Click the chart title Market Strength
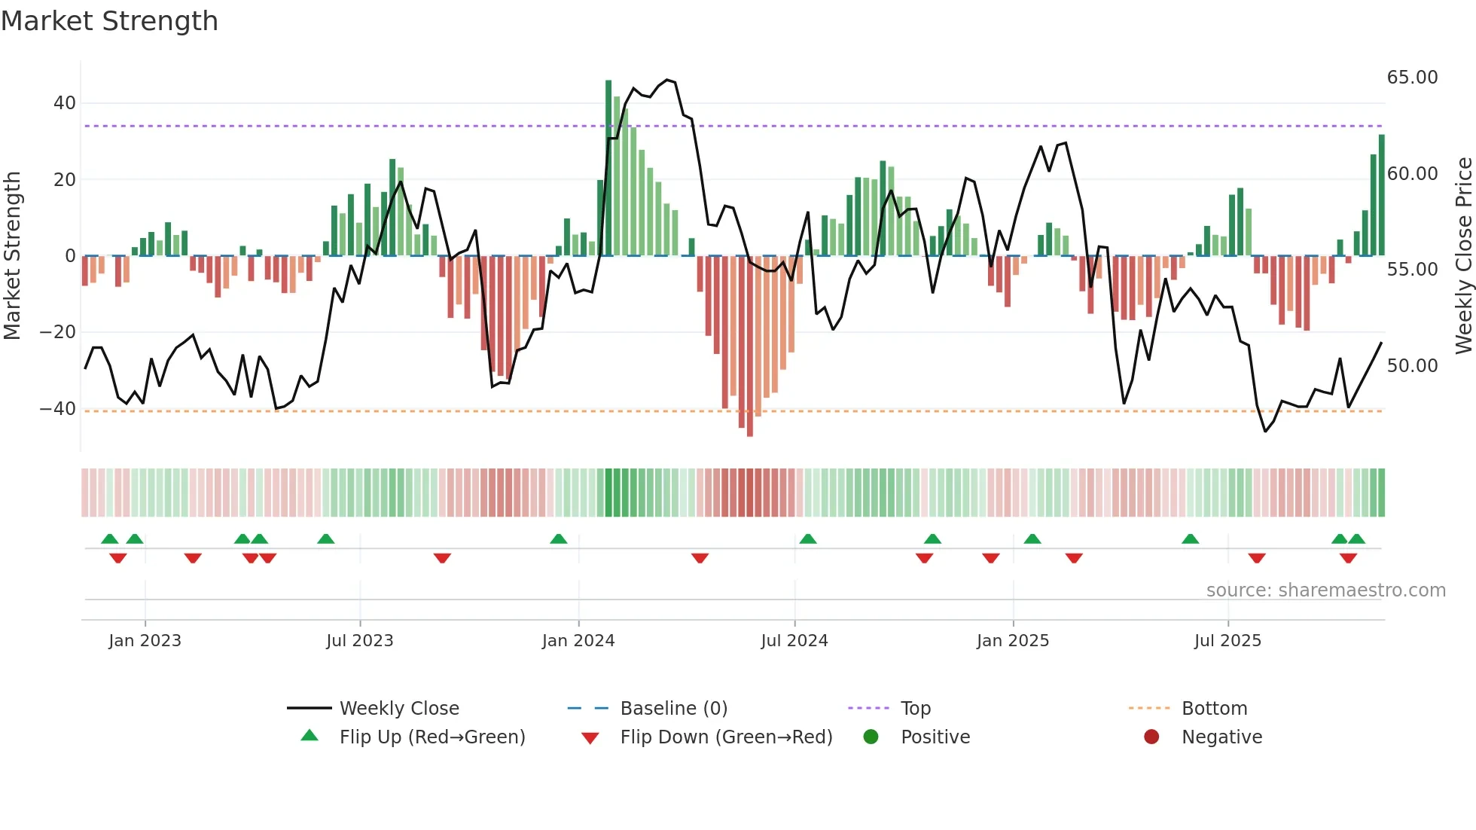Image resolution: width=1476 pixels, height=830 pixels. click(109, 21)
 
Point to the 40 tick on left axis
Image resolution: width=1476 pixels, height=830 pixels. click(65, 103)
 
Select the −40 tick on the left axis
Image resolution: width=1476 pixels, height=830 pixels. click(58, 409)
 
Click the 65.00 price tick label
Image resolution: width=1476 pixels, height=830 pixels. click(1412, 78)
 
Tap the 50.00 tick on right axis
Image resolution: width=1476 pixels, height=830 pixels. click(1412, 366)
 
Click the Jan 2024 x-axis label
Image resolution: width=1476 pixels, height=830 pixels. click(578, 641)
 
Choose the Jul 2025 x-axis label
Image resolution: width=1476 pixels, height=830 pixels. click(1227, 641)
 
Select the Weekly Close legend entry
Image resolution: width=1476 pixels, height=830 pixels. click(398, 709)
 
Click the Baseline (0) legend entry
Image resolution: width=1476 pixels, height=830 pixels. click(673, 709)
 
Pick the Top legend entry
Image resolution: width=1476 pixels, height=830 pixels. click(916, 709)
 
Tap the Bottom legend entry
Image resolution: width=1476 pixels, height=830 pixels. click(1214, 709)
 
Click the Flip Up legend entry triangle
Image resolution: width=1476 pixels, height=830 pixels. click(310, 736)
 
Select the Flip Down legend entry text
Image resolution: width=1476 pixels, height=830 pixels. click(726, 737)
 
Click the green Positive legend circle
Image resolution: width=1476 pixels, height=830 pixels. click(871, 737)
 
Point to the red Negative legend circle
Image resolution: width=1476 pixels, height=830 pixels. click(1151, 737)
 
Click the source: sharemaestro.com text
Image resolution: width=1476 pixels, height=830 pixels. click(1325, 590)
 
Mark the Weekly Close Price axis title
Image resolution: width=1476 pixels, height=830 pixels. click(1463, 256)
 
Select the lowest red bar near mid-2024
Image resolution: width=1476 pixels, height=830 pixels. click(750, 346)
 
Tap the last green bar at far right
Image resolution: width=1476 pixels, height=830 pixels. click(1382, 196)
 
